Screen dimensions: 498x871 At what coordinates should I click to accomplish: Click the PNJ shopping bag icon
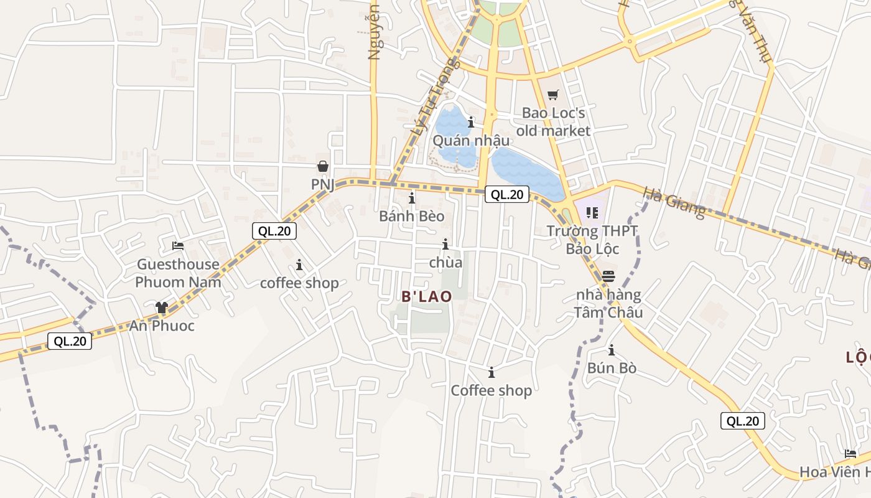pos(323,166)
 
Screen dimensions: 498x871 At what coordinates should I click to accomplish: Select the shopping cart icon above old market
pos(552,95)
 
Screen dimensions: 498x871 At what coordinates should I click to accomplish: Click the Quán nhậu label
pos(471,140)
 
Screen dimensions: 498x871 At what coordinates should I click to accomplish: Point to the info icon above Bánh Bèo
pos(412,199)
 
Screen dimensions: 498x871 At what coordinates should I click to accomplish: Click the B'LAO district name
pos(427,297)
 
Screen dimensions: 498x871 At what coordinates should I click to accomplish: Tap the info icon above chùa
pos(445,245)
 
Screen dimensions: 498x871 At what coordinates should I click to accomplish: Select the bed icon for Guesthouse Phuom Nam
pos(178,246)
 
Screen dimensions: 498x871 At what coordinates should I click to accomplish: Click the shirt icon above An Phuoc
pos(162,308)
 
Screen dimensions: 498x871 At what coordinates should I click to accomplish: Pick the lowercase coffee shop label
pos(299,283)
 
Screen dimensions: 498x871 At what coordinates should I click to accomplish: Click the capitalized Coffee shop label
pos(491,390)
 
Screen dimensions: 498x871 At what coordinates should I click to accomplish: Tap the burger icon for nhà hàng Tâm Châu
pos(608,276)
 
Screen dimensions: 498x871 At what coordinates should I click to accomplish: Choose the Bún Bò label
pos(612,368)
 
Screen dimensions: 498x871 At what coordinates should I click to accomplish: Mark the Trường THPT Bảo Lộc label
pos(592,240)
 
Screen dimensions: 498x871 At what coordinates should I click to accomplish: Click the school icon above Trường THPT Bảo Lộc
pos(592,214)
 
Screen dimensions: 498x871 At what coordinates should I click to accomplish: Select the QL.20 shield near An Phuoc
pos(70,341)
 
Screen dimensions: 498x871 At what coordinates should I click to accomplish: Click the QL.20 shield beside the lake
pos(507,194)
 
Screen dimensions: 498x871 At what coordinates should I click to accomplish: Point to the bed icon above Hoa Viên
pos(850,454)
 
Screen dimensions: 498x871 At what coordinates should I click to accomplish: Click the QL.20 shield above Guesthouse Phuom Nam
pos(274,231)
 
